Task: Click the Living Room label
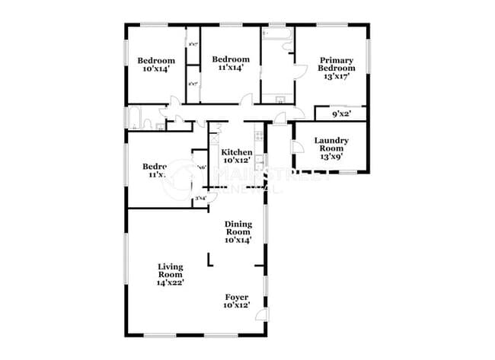coord(171,267)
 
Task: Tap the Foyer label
coord(236,297)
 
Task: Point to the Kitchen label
coord(236,151)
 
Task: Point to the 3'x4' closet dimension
coord(201,199)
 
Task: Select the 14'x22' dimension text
coord(171,282)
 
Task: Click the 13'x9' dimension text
coord(331,156)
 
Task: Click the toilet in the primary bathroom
coord(289,47)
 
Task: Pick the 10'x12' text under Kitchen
coord(236,160)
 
